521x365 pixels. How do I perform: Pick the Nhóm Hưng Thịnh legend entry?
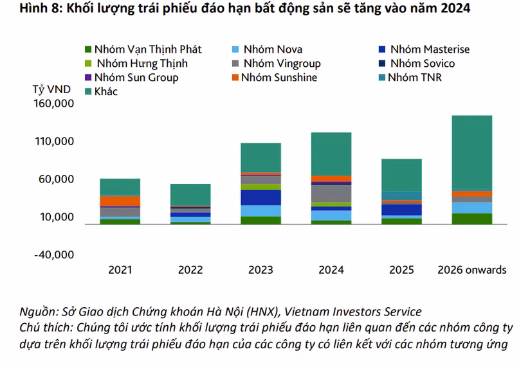[x=142, y=63]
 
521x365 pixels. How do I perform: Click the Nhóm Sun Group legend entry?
[x=136, y=77]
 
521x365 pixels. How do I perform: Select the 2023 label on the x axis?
[x=260, y=270]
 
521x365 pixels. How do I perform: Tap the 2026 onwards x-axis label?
[x=471, y=270]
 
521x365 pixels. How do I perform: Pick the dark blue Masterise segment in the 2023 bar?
[x=260, y=197]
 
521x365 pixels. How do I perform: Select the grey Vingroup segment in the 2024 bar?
[x=331, y=193]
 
